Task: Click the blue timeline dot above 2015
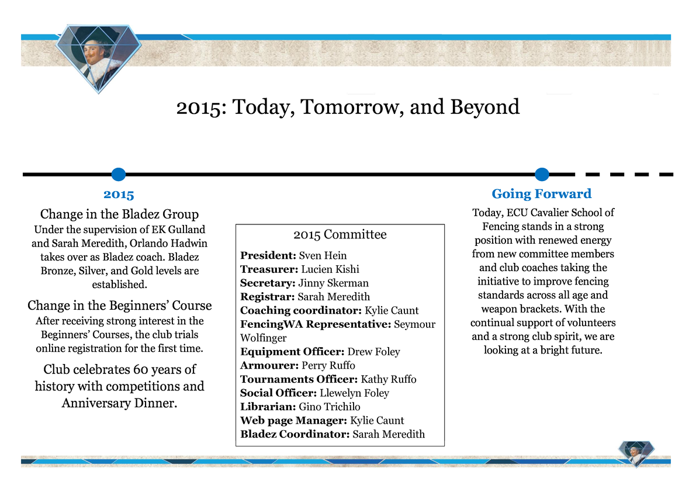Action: click(119, 174)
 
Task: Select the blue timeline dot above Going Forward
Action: click(542, 174)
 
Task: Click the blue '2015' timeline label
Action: click(119, 194)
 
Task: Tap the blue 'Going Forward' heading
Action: click(542, 194)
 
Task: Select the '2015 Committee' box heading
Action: click(340, 235)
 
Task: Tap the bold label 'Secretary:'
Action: click(266, 283)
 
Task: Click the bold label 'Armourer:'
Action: click(269, 366)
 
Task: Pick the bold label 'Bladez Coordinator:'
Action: click(295, 434)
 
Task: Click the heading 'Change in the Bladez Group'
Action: click(119, 214)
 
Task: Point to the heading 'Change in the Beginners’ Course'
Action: click(120, 306)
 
